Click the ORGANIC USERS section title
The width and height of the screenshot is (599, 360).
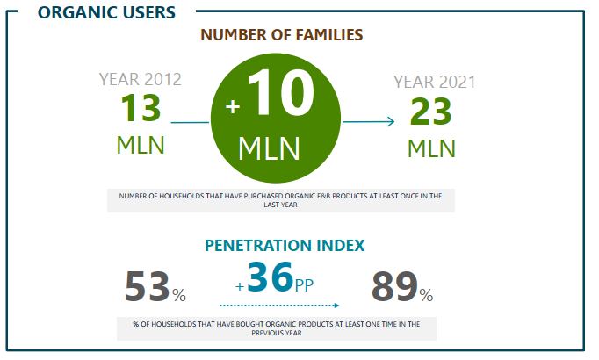point(106,12)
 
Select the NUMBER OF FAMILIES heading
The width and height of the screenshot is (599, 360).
point(281,35)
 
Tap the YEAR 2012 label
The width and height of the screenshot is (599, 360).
point(141,79)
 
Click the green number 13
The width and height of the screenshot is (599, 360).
point(141,109)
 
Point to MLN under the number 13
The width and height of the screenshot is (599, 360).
point(141,144)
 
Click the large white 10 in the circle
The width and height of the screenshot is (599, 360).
point(280,92)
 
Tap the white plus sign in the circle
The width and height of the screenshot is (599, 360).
point(233,106)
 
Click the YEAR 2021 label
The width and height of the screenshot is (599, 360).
point(434,83)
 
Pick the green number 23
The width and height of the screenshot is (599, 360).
point(431,112)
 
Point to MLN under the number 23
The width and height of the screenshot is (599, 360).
point(431,147)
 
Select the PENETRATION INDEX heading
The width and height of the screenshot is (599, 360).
point(285,246)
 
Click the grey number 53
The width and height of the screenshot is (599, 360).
point(147,287)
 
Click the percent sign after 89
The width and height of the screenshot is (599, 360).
point(426,293)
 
